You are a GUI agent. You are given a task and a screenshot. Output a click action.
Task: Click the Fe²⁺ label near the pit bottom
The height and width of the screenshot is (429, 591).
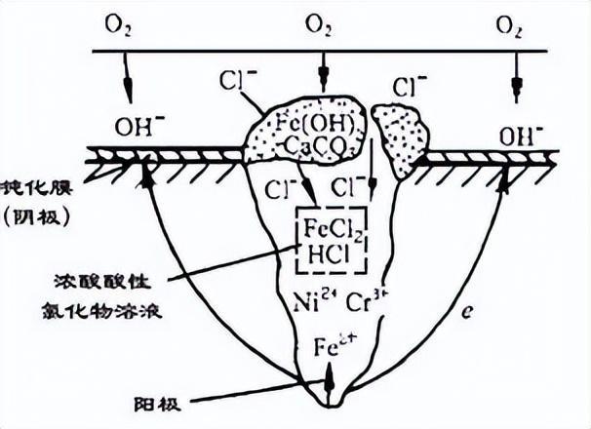[328, 346]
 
